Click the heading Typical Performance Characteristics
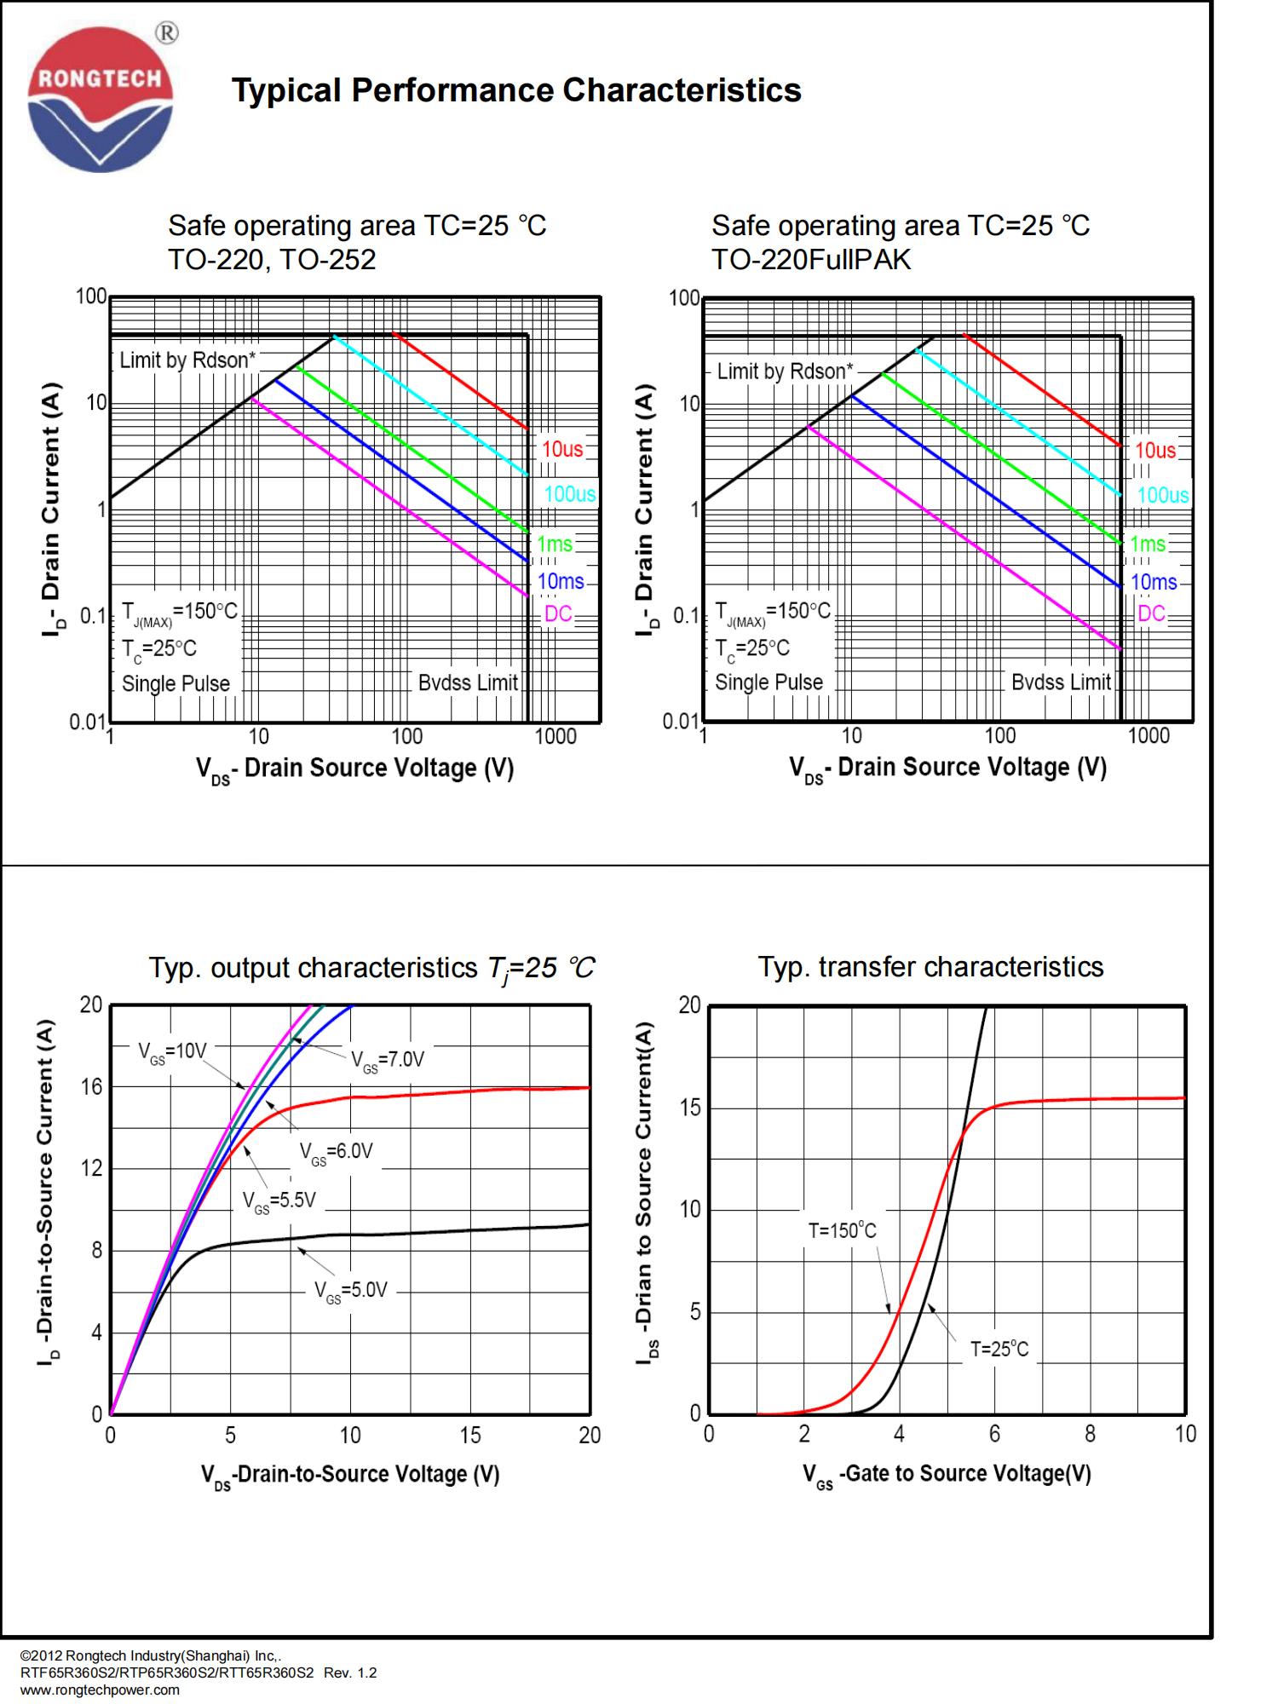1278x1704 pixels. click(516, 90)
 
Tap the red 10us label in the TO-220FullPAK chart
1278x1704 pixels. click(1155, 450)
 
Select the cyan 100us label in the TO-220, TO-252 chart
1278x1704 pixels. click(570, 494)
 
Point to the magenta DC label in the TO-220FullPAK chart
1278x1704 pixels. click(1151, 613)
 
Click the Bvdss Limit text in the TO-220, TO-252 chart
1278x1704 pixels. click(468, 683)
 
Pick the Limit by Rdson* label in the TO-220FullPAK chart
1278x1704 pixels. click(785, 371)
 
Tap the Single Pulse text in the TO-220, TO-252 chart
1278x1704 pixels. click(176, 684)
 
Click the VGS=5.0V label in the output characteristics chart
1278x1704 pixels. click(351, 1290)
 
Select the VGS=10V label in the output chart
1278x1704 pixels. click(173, 1051)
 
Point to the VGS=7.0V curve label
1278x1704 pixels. click(388, 1060)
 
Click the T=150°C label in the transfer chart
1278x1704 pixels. click(842, 1230)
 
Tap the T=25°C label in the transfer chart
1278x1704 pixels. click(999, 1349)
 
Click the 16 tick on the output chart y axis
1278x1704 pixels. click(91, 1087)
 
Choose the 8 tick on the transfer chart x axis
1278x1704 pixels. click(1090, 1435)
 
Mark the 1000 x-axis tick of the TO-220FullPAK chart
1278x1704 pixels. click(1148, 736)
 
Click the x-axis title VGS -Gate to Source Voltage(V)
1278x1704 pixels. click(946, 1475)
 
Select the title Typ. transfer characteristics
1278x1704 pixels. click(930, 967)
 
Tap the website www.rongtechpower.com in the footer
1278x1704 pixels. click(100, 1690)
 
